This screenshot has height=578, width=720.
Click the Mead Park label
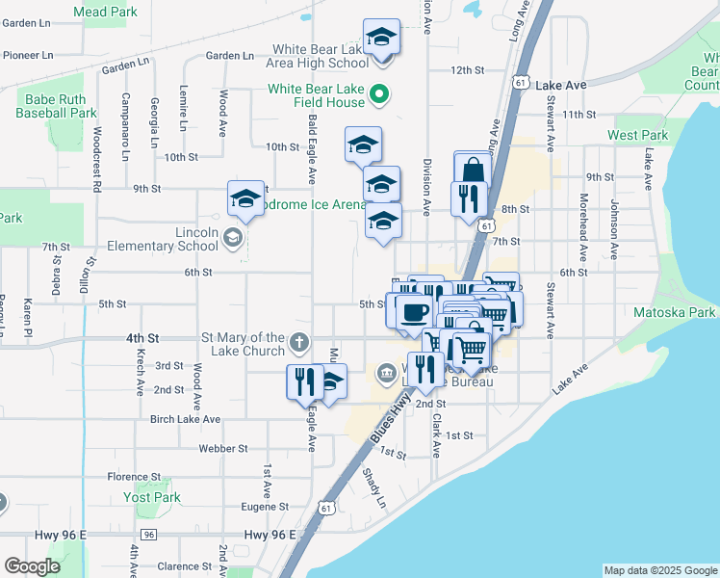coord(105,13)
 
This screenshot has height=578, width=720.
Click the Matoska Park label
coord(675,312)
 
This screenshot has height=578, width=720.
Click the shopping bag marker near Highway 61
coord(472,170)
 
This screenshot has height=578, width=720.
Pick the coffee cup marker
coord(415,312)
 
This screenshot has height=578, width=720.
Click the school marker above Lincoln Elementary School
coord(245,199)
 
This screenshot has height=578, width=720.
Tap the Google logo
coord(32,566)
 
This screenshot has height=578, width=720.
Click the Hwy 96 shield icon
coord(148,535)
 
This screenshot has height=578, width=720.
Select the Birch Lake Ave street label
coord(184,420)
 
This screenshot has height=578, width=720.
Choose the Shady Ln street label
coord(373,489)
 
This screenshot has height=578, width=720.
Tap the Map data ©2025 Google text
coord(660,570)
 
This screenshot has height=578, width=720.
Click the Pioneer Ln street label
coord(27,55)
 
